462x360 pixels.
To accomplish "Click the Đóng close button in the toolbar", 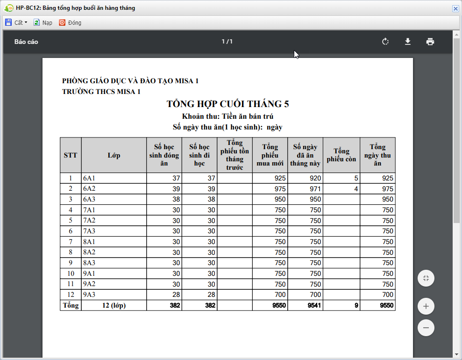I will coord(70,22).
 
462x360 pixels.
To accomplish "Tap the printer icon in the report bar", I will coord(430,42).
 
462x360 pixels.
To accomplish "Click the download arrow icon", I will coord(408,42).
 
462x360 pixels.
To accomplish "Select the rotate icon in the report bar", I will coord(385,42).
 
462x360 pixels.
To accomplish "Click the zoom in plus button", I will coord(426,307).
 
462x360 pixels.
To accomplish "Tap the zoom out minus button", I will coord(426,328).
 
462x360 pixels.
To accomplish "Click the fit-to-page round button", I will coord(426,278).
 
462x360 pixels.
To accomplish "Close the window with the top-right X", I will coord(455,8).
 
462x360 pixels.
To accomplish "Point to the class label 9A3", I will coord(89,295).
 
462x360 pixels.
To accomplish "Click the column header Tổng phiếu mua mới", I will coord(270,155).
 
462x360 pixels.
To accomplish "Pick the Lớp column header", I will coord(114,155).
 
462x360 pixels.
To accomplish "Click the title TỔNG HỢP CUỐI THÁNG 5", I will coord(228,104).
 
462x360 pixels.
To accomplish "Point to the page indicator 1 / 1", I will coord(227,42).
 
